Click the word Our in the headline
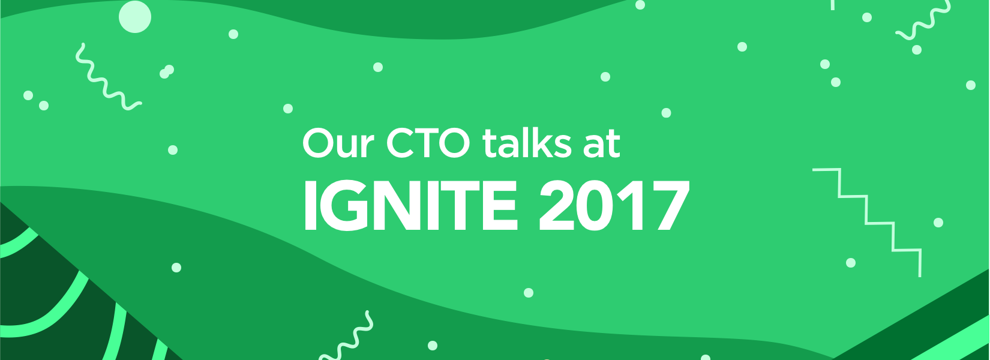[338, 144]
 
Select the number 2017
[613, 206]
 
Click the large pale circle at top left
[135, 16]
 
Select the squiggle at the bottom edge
[348, 339]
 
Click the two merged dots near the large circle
[167, 72]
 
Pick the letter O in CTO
[456, 144]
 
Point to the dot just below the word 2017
[529, 293]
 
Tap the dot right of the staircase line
[938, 223]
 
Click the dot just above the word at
[666, 113]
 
